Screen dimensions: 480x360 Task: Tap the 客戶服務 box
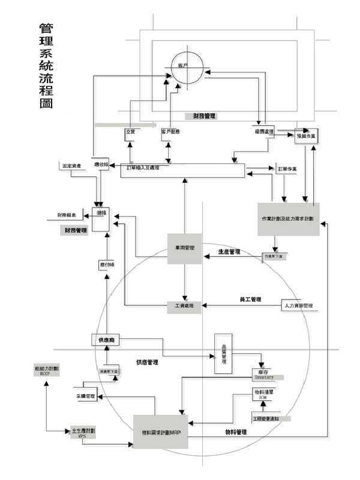(x=171, y=131)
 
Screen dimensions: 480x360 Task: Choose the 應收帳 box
(x=100, y=164)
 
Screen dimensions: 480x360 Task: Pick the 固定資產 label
(x=76, y=164)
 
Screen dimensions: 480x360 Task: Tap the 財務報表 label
(x=70, y=214)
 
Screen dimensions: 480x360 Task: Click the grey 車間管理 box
(x=184, y=248)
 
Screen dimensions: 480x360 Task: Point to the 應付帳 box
(x=106, y=264)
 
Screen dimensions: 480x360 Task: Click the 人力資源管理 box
(x=298, y=306)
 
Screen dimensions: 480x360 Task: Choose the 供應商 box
(x=107, y=340)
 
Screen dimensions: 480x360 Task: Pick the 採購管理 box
(x=86, y=397)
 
